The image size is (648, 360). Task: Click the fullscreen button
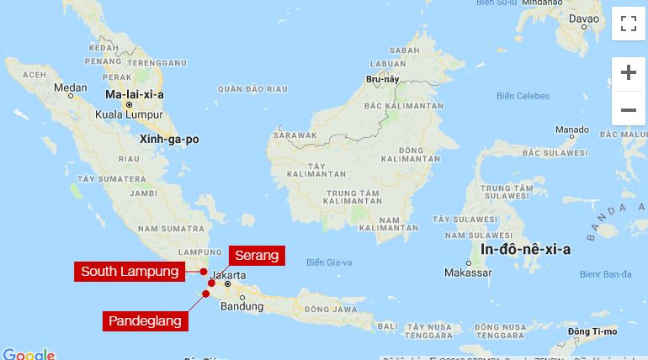click(628, 24)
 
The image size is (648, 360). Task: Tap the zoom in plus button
click(628, 73)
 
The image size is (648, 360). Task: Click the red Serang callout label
click(256, 255)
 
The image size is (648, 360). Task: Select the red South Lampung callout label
click(130, 272)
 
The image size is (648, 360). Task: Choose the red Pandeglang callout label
click(144, 320)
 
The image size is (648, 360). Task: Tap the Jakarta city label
click(228, 275)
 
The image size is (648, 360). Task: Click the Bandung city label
click(242, 306)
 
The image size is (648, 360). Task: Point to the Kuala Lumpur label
click(128, 114)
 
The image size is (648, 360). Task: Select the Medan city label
click(70, 87)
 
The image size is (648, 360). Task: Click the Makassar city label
click(467, 273)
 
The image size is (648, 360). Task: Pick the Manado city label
click(571, 130)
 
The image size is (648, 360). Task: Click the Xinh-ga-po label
click(169, 140)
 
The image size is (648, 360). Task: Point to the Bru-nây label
click(381, 79)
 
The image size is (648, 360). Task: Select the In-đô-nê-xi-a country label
click(525, 249)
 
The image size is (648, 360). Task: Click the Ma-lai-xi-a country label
click(134, 95)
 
